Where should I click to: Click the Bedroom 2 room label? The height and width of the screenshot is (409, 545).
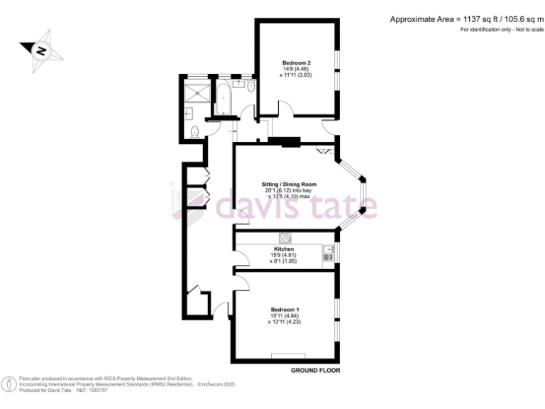pos(296,62)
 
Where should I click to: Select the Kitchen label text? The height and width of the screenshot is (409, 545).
pos(284,249)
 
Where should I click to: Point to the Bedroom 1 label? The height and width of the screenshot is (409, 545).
pos(285,309)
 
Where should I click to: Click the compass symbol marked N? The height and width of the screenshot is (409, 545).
pos(41,50)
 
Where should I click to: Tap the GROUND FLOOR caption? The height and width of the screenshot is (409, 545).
pos(315,371)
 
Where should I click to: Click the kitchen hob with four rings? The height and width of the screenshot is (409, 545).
pos(285,239)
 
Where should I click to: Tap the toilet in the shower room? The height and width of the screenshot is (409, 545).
pos(195,131)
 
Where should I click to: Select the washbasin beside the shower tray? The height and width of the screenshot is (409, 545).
pos(189,111)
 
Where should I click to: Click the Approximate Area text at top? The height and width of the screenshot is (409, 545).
pos(466,19)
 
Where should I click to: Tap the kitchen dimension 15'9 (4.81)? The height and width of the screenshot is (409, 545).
pos(284,256)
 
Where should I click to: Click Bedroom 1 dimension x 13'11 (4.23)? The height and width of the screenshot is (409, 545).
pos(285,322)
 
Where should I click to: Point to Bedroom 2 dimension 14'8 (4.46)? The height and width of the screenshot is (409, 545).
pos(296,69)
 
